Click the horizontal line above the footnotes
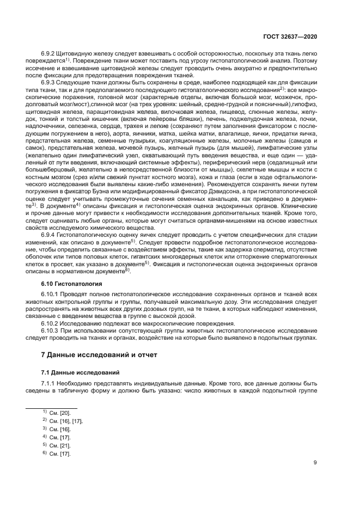[x=52, y=408]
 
